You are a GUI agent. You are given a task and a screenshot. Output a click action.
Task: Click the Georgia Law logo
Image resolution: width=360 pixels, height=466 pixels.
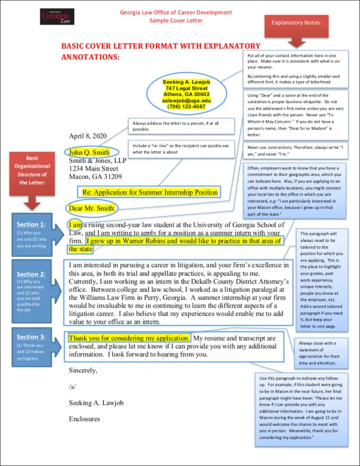point(57,16)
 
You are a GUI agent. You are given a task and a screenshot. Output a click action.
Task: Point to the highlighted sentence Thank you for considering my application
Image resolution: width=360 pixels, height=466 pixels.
point(130,338)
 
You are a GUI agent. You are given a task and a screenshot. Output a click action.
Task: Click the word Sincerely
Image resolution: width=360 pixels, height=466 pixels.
point(83,370)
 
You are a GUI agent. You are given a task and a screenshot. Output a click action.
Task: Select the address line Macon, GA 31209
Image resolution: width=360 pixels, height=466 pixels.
point(95,177)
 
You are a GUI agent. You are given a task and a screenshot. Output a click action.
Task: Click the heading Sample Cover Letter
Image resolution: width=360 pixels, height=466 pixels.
point(176,20)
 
